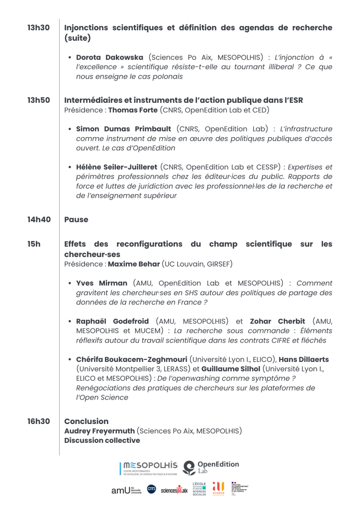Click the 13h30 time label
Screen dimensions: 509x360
coord(38,28)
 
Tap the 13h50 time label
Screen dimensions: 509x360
coord(38,100)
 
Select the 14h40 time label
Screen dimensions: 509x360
coord(39,219)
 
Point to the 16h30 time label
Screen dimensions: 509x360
coord(38,422)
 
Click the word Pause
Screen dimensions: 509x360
coord(76,219)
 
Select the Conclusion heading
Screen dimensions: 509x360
coord(87,422)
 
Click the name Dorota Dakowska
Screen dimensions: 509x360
coord(109,58)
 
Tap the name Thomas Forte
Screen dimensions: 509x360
coord(133,110)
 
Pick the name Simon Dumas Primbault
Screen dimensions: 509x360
coord(124,129)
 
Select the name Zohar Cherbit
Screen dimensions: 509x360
coord(277,321)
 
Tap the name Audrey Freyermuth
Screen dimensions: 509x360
coord(99,431)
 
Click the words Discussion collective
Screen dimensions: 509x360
coord(102,440)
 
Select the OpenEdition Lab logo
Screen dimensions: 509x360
coord(211,468)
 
